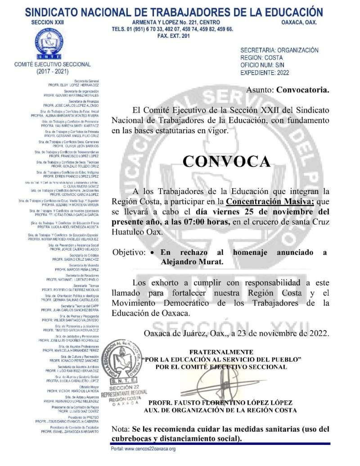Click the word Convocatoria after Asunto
pyautogui.click(x=303, y=90)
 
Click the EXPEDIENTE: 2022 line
pyautogui.click(x=265, y=72)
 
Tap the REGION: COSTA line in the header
pyautogui.click(x=261, y=58)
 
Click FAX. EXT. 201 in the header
pyautogui.click(x=173, y=36)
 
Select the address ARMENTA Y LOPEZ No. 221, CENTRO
pyautogui.click(x=176, y=22)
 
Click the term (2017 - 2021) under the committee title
pyautogui.click(x=53, y=71)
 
